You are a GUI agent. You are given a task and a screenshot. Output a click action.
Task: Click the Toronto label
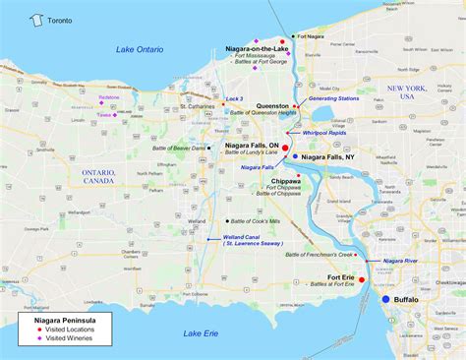tap(60, 19)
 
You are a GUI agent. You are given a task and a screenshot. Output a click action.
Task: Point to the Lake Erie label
tap(206, 333)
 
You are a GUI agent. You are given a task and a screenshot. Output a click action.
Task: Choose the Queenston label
tap(273, 106)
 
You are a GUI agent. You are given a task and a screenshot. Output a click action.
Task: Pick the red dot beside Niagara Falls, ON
tap(285, 147)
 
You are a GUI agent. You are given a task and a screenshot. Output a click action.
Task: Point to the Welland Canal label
tap(243, 237)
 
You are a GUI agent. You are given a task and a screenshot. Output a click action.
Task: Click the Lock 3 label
tap(234, 99)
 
